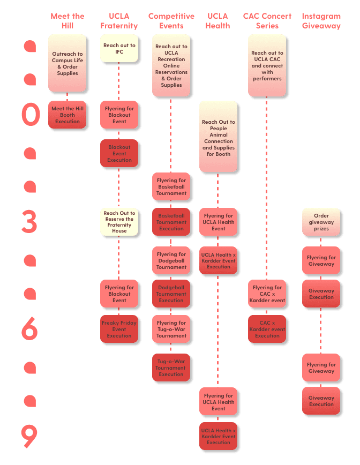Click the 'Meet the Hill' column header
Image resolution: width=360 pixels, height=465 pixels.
(x=67, y=20)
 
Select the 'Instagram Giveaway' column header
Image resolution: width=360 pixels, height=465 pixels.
(x=321, y=20)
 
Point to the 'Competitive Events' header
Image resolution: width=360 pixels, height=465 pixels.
(x=171, y=20)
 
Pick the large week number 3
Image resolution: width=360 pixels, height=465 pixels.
(x=29, y=221)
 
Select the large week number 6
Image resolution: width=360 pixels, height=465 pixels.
(x=29, y=328)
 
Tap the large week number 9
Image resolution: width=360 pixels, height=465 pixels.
(x=29, y=436)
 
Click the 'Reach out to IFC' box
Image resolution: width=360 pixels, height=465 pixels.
(x=119, y=49)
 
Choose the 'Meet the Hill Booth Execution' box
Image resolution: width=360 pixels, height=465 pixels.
(x=67, y=115)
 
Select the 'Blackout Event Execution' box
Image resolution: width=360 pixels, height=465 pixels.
(x=119, y=153)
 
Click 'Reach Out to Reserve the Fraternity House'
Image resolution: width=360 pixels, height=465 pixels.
(x=119, y=222)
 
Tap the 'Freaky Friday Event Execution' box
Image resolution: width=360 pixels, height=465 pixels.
(x=119, y=329)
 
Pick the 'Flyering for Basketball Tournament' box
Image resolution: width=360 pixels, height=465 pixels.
(x=171, y=186)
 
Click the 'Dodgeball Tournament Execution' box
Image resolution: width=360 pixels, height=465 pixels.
(x=171, y=294)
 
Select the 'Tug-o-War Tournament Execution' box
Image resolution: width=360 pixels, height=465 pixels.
(x=171, y=367)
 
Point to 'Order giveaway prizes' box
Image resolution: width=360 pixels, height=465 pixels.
(x=321, y=222)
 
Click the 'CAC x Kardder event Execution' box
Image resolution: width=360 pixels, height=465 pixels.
(x=267, y=329)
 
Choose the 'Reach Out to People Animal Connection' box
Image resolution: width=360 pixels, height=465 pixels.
(x=219, y=137)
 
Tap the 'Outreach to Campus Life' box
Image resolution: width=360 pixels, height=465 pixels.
(x=67, y=63)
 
